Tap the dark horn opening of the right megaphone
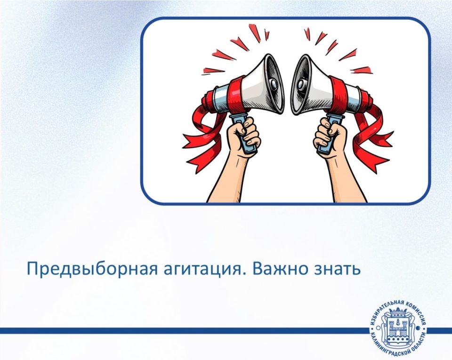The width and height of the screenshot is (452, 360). [301, 84]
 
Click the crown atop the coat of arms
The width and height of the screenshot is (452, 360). [398, 312]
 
